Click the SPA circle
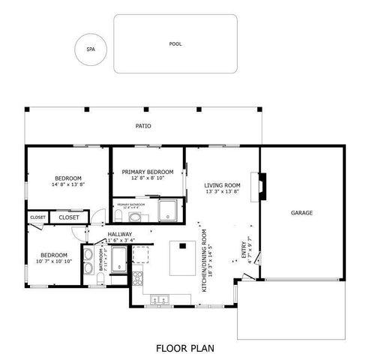pos(91,50)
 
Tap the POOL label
pos(175,44)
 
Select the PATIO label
pos(143,127)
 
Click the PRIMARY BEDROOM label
pos(148,172)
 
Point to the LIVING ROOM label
pos(222,185)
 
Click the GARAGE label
pos(301,213)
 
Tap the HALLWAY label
pos(120,234)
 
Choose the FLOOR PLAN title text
pos(184,348)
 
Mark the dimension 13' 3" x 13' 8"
pos(222,192)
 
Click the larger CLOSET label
pos(69,217)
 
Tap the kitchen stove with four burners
pos(137,277)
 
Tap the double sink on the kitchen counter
pos(160,299)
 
